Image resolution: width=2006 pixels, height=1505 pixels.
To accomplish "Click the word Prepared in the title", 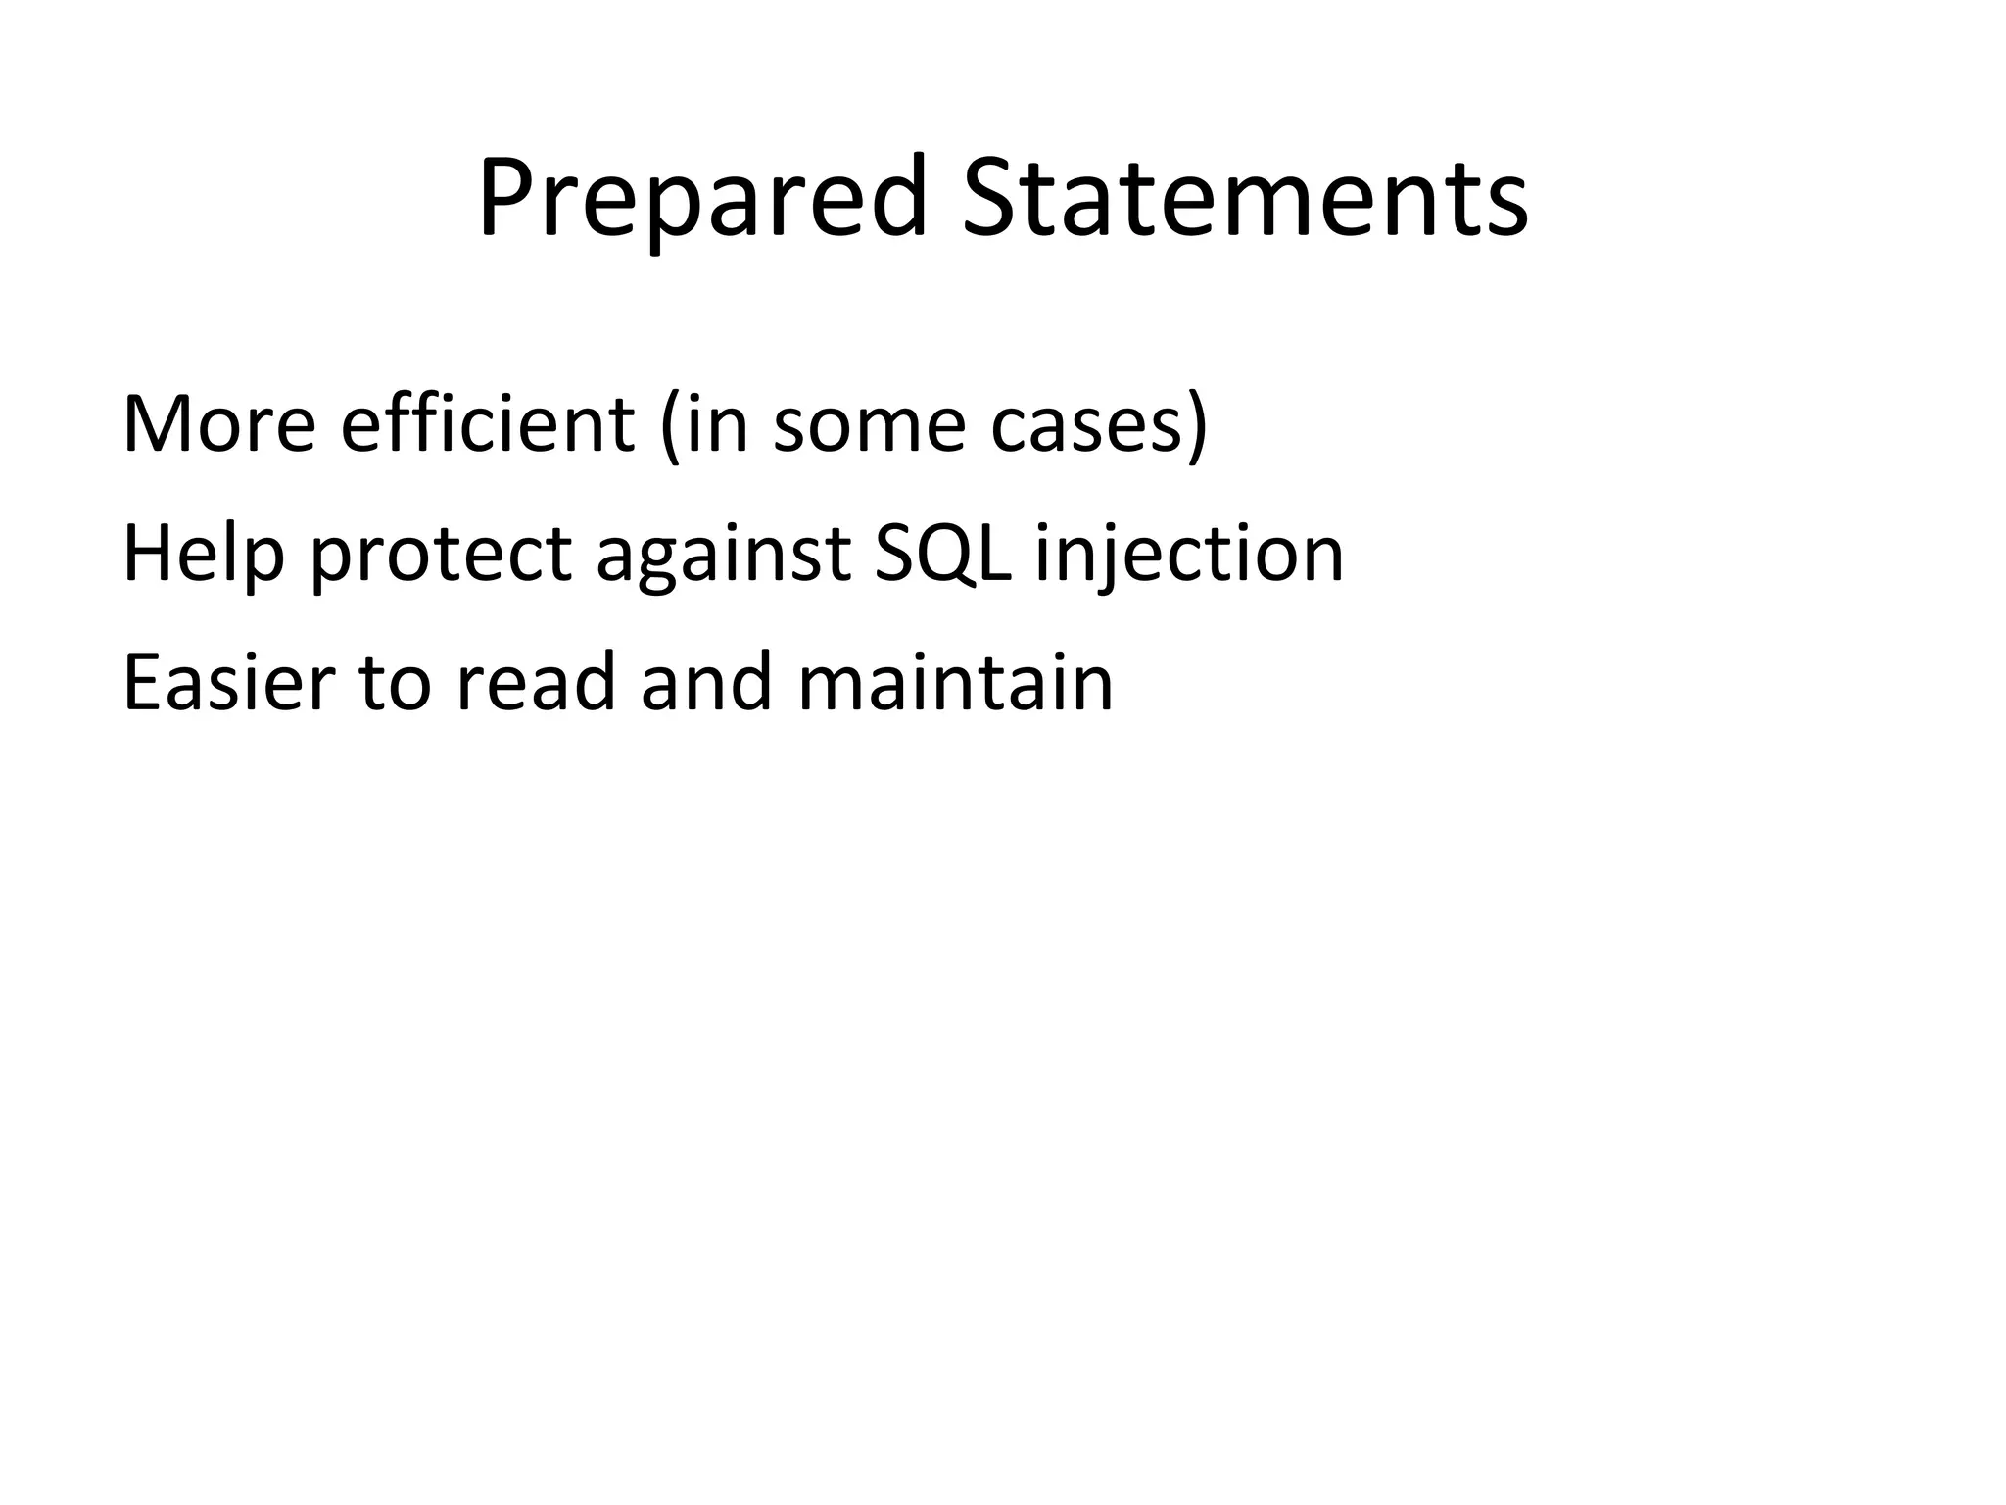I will click(x=701, y=198).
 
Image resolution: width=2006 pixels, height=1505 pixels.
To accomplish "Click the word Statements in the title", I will click(x=1245, y=198).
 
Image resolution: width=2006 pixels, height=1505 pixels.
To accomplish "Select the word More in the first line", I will click(x=218, y=424).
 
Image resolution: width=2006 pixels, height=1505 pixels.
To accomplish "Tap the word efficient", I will click(x=487, y=424).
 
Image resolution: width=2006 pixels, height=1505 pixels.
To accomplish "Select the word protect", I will click(x=441, y=555).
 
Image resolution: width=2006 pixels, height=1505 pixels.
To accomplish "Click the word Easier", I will click(x=229, y=683).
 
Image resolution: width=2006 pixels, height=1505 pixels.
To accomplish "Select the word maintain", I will click(x=956, y=683).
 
